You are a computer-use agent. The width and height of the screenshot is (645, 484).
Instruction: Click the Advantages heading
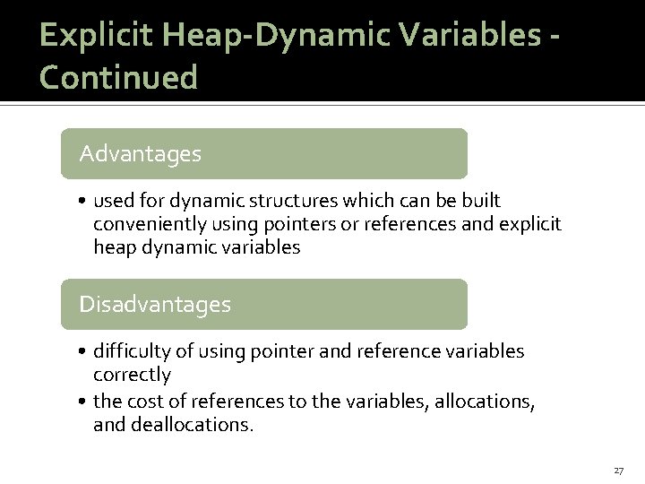click(x=140, y=154)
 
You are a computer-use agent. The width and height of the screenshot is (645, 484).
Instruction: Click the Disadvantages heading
click(x=155, y=305)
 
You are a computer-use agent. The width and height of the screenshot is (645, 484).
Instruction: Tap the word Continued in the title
click(x=119, y=77)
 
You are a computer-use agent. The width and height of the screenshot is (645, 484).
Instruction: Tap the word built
click(x=481, y=200)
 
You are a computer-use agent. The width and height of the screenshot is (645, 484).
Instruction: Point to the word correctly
click(x=132, y=374)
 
